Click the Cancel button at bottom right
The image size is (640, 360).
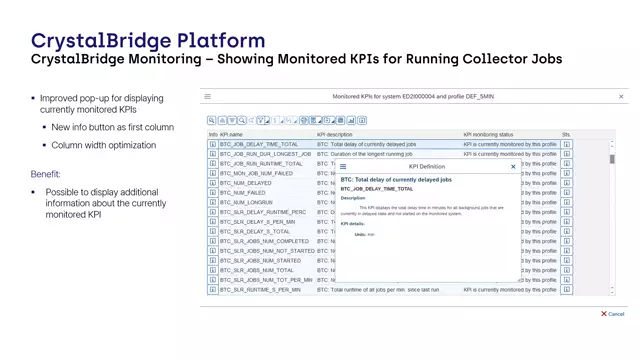613,314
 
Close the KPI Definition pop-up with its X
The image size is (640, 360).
514,167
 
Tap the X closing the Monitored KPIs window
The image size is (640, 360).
621,97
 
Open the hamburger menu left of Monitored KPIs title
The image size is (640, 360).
208,97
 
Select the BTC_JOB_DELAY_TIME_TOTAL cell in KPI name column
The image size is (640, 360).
259,144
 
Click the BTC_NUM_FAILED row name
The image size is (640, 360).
243,193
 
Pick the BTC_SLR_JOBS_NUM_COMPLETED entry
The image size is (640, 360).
264,241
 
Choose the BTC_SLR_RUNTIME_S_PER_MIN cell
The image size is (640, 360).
261,290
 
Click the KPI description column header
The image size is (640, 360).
335,134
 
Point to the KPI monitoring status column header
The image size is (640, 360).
488,134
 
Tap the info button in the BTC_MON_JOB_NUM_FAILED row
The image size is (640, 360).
213,173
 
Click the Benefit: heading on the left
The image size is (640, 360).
52,174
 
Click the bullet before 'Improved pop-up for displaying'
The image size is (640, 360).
34,99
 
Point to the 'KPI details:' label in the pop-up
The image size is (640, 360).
356,223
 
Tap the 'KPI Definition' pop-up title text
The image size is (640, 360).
427,167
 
